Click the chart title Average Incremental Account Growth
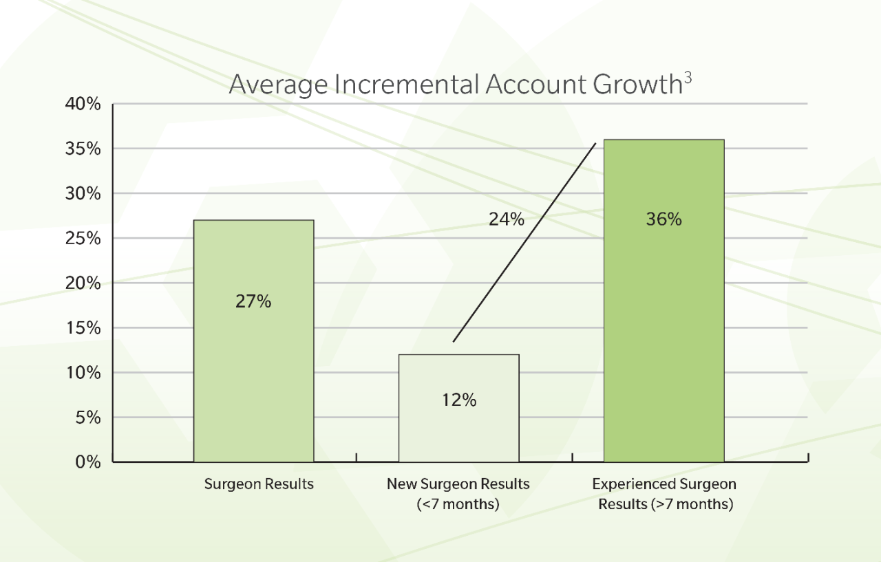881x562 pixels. (456, 84)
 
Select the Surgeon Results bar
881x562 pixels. (254, 341)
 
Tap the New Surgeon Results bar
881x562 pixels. (459, 408)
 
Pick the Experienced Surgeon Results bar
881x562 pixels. (664, 301)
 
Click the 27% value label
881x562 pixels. (253, 301)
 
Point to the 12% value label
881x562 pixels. (459, 400)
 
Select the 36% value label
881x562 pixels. (664, 219)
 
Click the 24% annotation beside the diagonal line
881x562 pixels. (507, 219)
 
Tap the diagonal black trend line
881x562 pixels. (524, 243)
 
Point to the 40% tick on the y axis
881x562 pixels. (83, 104)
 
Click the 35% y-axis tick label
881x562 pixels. (83, 149)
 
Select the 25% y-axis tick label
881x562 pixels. (83, 238)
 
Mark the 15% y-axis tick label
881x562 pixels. (83, 327)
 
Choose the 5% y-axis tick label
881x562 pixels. (88, 418)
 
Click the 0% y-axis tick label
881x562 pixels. (88, 462)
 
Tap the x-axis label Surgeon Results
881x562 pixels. (259, 484)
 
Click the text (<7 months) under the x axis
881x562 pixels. (458, 504)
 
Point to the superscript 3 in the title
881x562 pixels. (688, 78)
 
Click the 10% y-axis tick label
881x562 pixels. (83, 373)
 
